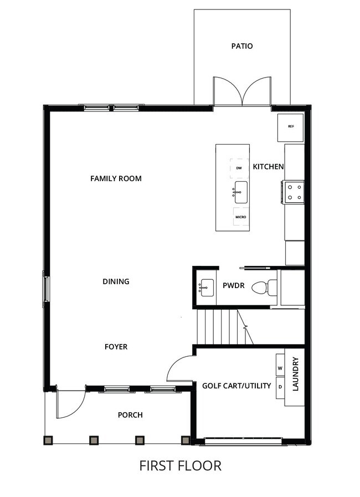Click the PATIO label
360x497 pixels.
(242, 46)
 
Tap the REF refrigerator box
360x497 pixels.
(291, 127)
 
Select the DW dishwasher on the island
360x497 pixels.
(239, 167)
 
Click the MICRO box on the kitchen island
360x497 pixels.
(240, 217)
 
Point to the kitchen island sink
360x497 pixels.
(240, 192)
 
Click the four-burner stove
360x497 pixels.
(294, 192)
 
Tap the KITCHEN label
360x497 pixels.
(268, 167)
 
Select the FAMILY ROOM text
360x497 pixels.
(116, 178)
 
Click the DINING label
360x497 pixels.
(116, 281)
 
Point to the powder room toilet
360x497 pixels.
(264, 288)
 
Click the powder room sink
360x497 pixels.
(207, 288)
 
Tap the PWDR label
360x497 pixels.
(233, 286)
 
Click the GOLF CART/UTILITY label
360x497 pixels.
(236, 386)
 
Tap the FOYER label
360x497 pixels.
(116, 347)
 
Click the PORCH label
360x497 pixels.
(130, 415)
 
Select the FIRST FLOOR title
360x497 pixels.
(180, 465)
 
